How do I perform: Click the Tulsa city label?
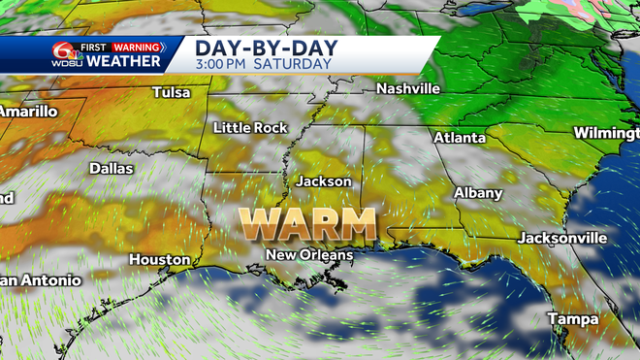click(x=172, y=93)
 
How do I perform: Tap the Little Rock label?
click(x=251, y=128)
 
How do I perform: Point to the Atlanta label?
click(x=460, y=138)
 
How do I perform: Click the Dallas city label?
click(x=112, y=168)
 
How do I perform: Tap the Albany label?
click(x=478, y=193)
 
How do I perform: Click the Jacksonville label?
click(x=562, y=238)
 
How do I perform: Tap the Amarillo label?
click(x=27, y=112)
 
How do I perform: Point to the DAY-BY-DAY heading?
click(x=256, y=48)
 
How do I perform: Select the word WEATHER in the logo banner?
click(x=125, y=62)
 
